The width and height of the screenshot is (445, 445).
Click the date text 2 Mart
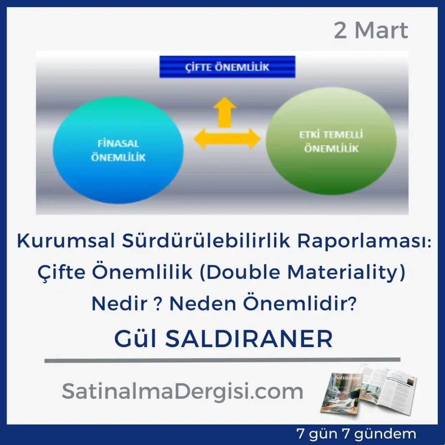click(x=371, y=30)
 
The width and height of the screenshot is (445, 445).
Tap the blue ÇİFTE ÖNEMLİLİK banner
click(x=227, y=67)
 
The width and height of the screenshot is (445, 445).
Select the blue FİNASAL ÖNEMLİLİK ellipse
click(x=118, y=150)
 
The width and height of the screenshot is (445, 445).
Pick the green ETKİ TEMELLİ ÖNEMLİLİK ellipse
click(x=331, y=141)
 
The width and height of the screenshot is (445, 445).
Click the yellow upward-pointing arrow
click(x=225, y=112)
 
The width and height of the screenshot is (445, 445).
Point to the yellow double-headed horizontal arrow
click(x=227, y=139)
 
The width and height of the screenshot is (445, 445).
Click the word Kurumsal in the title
click(x=66, y=241)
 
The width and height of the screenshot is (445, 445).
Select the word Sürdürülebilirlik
click(x=206, y=241)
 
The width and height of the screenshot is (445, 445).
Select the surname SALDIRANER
click(x=249, y=339)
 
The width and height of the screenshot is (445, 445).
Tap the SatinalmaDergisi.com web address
click(x=182, y=391)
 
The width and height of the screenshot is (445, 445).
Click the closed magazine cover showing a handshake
click(x=341, y=393)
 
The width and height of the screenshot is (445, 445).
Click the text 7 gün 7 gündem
click(x=356, y=434)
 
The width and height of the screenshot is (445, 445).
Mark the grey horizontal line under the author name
click(x=222, y=360)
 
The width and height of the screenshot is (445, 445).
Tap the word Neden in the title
click(x=202, y=303)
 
